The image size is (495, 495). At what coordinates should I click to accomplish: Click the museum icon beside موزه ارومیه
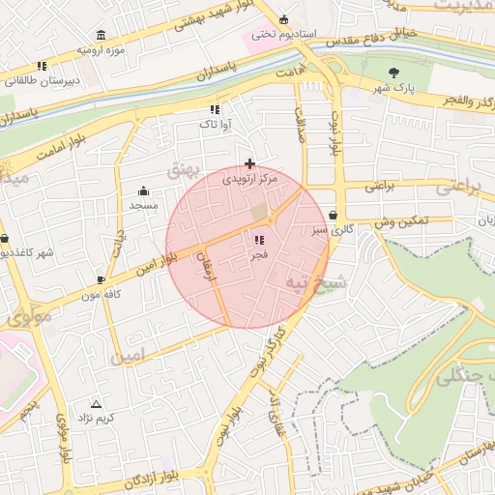tap(102, 36)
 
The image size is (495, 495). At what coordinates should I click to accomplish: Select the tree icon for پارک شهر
tap(393, 73)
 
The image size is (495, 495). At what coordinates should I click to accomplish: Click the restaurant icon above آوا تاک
tap(214, 109)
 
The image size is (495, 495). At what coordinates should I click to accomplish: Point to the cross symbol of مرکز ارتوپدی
tap(250, 163)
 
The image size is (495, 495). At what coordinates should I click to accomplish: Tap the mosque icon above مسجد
tap(144, 190)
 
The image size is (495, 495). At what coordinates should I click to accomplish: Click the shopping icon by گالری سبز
tap(334, 216)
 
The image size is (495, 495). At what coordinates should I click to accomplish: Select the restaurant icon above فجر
tap(258, 240)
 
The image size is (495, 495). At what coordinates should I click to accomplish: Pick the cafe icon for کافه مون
tap(101, 280)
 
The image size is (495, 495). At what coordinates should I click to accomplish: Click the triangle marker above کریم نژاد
tap(96, 404)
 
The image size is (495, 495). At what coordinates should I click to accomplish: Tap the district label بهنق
tap(181, 170)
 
